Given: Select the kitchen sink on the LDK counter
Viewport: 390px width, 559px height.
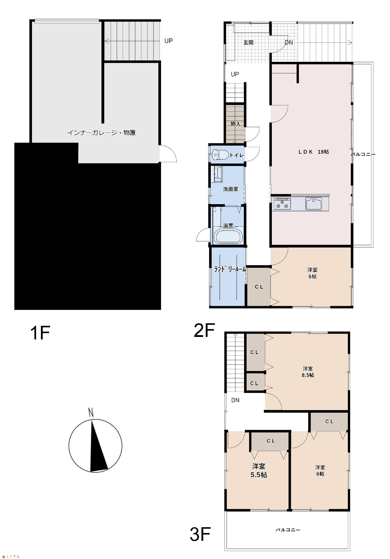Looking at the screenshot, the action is pyautogui.click(x=314, y=204).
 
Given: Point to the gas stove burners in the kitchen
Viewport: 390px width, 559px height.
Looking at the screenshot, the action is pyautogui.click(x=282, y=204).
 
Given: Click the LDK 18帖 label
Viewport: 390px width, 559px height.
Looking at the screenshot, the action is pyautogui.click(x=314, y=152).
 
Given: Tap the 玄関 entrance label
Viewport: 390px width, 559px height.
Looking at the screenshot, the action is pyautogui.click(x=248, y=42).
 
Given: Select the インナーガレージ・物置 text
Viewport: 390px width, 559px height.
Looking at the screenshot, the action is pyautogui.click(x=101, y=132).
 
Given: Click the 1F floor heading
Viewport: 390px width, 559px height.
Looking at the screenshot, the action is pyautogui.click(x=40, y=333).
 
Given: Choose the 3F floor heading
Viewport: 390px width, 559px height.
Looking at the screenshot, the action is pyautogui.click(x=200, y=534).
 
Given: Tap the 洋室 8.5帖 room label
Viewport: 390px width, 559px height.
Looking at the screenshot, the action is pyautogui.click(x=308, y=372).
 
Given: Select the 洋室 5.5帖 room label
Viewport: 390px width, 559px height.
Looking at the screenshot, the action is pyautogui.click(x=259, y=470).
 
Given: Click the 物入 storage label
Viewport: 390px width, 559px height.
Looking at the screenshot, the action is pyautogui.click(x=236, y=124).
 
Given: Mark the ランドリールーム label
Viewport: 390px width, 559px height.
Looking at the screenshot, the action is pyautogui.click(x=230, y=269).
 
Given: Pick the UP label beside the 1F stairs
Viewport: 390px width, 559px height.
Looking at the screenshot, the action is pyautogui.click(x=169, y=41).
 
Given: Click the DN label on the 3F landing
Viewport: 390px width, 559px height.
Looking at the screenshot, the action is pyautogui.click(x=235, y=400).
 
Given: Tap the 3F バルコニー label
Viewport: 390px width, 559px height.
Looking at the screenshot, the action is pyautogui.click(x=288, y=530).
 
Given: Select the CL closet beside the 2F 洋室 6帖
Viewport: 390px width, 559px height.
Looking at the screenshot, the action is pyautogui.click(x=259, y=287).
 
